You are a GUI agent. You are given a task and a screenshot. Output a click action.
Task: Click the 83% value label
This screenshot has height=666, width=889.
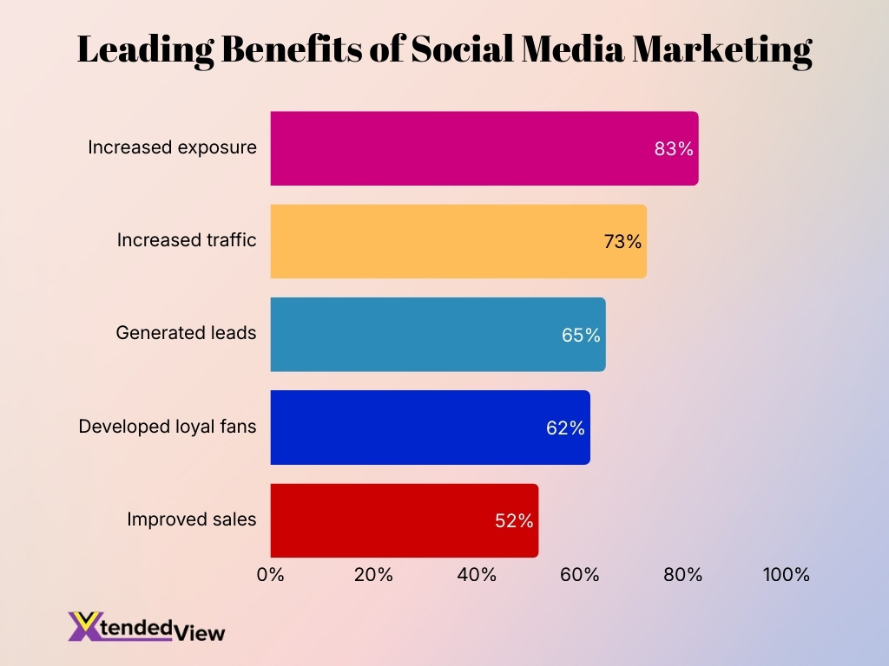click(674, 149)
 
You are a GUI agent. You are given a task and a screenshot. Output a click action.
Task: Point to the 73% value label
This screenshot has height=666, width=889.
click(622, 242)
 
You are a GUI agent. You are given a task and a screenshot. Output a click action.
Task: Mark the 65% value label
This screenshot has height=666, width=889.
click(581, 335)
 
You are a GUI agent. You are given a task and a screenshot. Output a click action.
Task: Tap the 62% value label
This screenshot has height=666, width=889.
click(565, 428)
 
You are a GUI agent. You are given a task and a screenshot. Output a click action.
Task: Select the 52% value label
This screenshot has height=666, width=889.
click(514, 521)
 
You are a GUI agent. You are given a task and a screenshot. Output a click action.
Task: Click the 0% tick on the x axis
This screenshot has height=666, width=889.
click(271, 575)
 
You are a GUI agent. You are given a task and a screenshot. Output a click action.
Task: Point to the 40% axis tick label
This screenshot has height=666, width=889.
click(477, 575)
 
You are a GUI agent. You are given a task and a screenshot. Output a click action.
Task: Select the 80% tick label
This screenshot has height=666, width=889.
click(682, 575)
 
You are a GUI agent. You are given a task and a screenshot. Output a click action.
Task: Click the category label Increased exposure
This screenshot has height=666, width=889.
click(172, 147)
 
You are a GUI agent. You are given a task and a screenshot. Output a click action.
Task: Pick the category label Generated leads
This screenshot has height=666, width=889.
click(186, 332)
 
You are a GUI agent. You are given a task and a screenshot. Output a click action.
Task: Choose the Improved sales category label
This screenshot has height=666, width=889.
click(191, 519)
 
